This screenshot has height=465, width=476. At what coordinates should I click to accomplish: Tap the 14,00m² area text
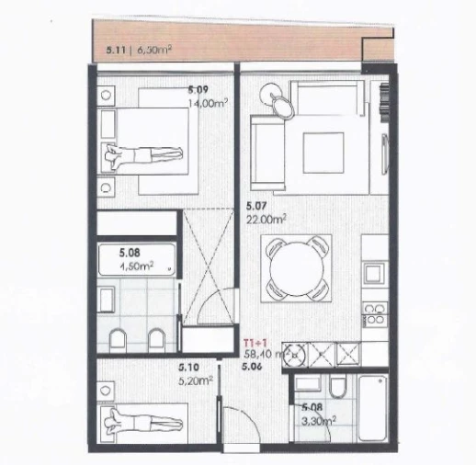click(x=208, y=104)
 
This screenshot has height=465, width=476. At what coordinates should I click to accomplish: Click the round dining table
click(x=295, y=266)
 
